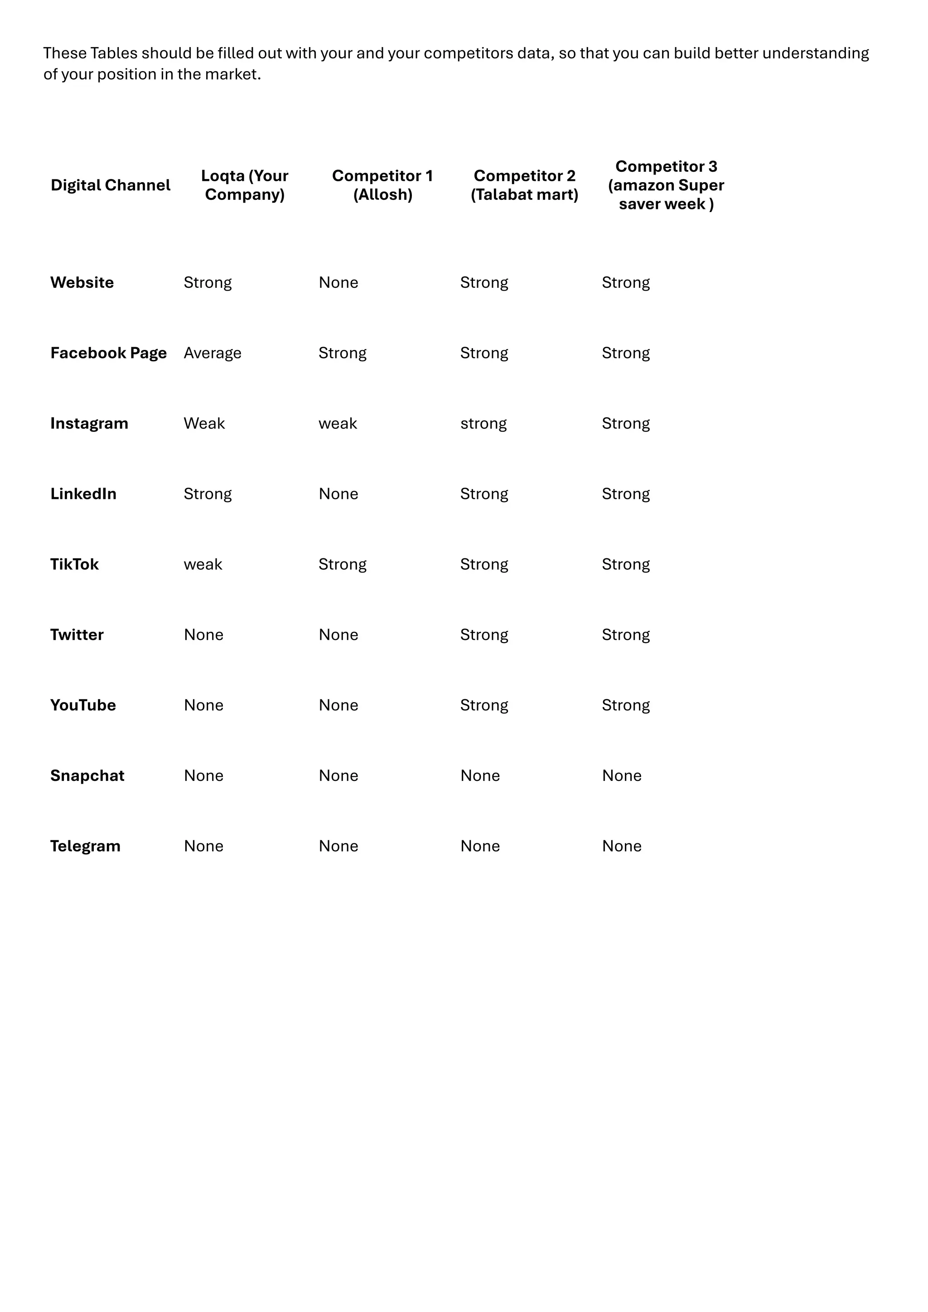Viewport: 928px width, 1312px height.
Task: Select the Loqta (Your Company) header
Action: (x=245, y=185)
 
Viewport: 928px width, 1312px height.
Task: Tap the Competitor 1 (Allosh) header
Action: (x=382, y=185)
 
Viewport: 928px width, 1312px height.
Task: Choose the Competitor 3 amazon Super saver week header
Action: (x=666, y=185)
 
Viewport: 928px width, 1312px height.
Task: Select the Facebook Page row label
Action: (x=109, y=353)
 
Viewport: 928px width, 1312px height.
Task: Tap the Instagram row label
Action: (x=89, y=423)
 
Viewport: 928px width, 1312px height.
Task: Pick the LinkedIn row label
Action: (x=83, y=494)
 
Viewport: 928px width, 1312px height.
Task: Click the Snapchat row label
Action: (x=87, y=775)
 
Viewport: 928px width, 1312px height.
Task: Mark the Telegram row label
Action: (x=85, y=846)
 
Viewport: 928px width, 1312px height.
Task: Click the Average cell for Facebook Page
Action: (x=213, y=353)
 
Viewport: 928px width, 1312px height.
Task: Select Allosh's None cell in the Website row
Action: (x=338, y=282)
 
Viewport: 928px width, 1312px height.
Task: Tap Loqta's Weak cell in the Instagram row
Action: (x=204, y=423)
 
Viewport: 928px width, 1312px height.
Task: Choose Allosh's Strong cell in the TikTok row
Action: (x=342, y=565)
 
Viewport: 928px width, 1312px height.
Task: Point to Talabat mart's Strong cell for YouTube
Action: (x=484, y=706)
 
